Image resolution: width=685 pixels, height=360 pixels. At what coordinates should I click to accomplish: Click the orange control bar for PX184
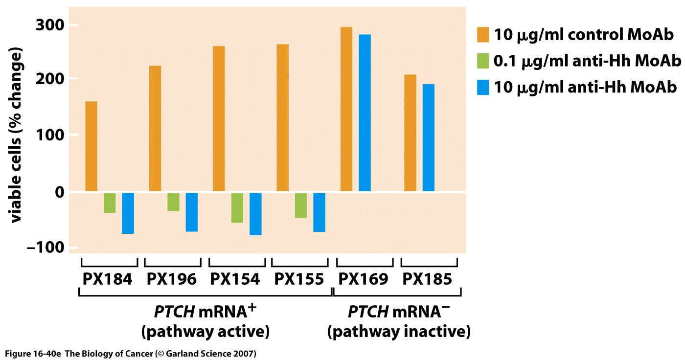[91, 146]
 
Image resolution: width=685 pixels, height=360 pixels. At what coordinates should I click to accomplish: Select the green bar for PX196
[173, 202]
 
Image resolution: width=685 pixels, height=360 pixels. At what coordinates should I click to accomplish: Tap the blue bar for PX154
[255, 214]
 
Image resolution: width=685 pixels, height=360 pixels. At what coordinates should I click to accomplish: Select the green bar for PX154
[237, 208]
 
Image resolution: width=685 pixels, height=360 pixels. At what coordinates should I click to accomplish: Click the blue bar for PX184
[128, 213]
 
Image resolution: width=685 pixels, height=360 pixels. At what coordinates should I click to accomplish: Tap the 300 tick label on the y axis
[51, 25]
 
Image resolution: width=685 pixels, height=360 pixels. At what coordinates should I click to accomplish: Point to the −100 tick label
[45, 247]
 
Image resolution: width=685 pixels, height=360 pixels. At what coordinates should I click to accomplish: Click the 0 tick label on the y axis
[59, 192]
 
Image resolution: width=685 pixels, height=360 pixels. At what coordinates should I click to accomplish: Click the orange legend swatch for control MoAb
[482, 35]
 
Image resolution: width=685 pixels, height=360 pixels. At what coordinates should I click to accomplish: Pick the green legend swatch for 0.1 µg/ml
[482, 62]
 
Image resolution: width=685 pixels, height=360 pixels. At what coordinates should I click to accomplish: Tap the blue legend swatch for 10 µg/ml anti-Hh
[482, 88]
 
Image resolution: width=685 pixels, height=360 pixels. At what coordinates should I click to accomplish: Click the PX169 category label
[364, 279]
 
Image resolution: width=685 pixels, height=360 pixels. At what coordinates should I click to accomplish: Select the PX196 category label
[172, 279]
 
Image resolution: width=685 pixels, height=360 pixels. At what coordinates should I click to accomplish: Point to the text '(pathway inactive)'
[399, 332]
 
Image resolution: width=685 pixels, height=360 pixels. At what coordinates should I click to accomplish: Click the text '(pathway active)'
[205, 332]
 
